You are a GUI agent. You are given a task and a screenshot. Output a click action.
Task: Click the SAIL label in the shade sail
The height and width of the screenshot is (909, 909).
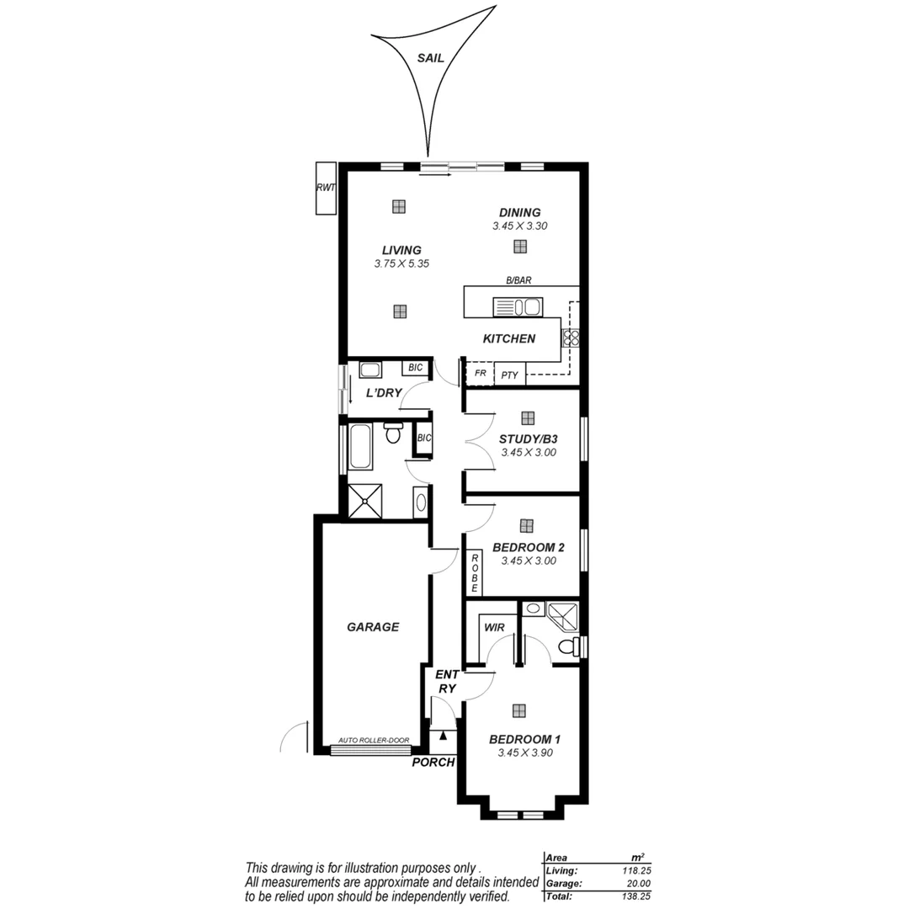pyautogui.click(x=430, y=58)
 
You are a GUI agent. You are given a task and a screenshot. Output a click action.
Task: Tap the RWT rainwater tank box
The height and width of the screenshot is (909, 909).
pyautogui.click(x=326, y=188)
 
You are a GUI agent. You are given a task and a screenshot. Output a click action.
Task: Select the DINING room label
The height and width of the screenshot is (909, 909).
pyautogui.click(x=519, y=213)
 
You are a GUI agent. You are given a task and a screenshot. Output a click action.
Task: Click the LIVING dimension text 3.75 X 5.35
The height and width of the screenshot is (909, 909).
pyautogui.click(x=401, y=263)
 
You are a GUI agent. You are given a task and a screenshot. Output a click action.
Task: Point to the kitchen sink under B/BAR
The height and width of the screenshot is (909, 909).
pyautogui.click(x=518, y=307)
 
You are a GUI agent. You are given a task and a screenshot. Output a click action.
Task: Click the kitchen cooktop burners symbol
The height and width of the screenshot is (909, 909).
pyautogui.click(x=570, y=338)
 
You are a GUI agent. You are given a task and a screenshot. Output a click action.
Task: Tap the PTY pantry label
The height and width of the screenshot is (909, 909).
pyautogui.click(x=509, y=375)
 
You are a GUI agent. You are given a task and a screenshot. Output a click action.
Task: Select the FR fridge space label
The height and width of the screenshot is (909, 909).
pyautogui.click(x=481, y=373)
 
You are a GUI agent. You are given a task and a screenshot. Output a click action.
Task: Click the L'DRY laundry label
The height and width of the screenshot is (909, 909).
pyautogui.click(x=383, y=393)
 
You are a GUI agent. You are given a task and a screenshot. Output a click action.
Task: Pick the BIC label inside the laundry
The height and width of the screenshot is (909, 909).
pyautogui.click(x=415, y=368)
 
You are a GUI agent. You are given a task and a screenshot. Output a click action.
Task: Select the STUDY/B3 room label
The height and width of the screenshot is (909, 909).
pyautogui.click(x=528, y=439)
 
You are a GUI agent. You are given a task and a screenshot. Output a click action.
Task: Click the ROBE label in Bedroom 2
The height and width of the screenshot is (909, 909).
pyautogui.click(x=474, y=573)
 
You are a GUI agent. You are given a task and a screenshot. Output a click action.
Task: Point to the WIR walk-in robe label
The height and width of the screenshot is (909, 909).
pyautogui.click(x=493, y=627)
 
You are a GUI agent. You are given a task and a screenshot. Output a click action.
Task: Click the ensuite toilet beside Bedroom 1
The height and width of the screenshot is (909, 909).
pyautogui.click(x=572, y=646)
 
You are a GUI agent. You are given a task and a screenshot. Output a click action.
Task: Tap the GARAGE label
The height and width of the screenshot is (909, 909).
pyautogui.click(x=373, y=627)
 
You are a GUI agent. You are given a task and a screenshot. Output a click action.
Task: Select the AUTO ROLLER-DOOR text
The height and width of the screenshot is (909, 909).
pyautogui.click(x=373, y=741)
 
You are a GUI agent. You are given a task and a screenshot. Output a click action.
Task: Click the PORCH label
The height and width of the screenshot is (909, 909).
pyautogui.click(x=433, y=763)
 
